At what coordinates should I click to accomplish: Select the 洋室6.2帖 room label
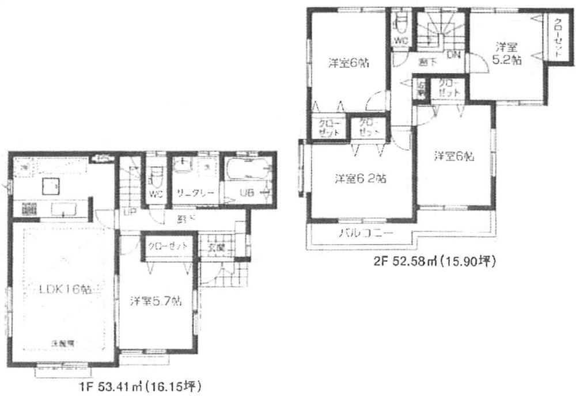pyautogui.click(x=359, y=179)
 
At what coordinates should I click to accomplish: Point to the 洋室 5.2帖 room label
pyautogui.click(x=506, y=54)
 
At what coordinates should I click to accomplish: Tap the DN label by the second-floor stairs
pyautogui.click(x=453, y=55)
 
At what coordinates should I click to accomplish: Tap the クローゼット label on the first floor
pyautogui.click(x=168, y=246)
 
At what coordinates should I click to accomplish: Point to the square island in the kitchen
pyautogui.click(x=50, y=185)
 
